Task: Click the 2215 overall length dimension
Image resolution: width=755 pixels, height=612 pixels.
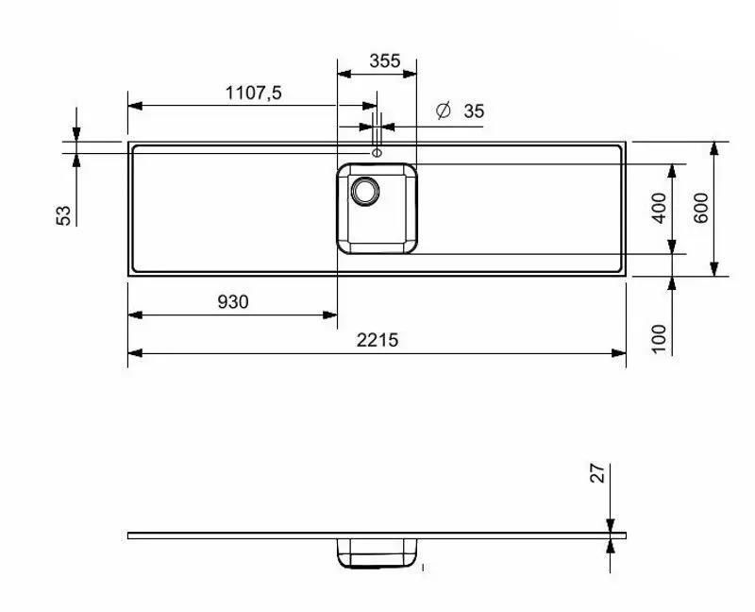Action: click(x=377, y=340)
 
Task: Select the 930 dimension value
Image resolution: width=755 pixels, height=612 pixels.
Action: click(x=233, y=301)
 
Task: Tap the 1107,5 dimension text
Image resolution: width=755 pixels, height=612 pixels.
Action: click(x=254, y=93)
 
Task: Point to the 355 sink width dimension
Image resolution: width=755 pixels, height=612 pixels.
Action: click(x=385, y=60)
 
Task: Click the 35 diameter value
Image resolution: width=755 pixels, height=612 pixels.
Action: click(x=474, y=111)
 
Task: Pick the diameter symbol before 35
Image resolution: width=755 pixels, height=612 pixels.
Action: click(x=443, y=110)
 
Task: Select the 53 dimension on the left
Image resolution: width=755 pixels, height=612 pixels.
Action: click(x=63, y=215)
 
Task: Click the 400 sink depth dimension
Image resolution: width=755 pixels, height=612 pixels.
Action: click(x=659, y=208)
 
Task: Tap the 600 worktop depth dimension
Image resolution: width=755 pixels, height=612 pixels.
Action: click(x=701, y=208)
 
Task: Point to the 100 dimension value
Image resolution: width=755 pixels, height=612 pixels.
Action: click(x=659, y=339)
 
